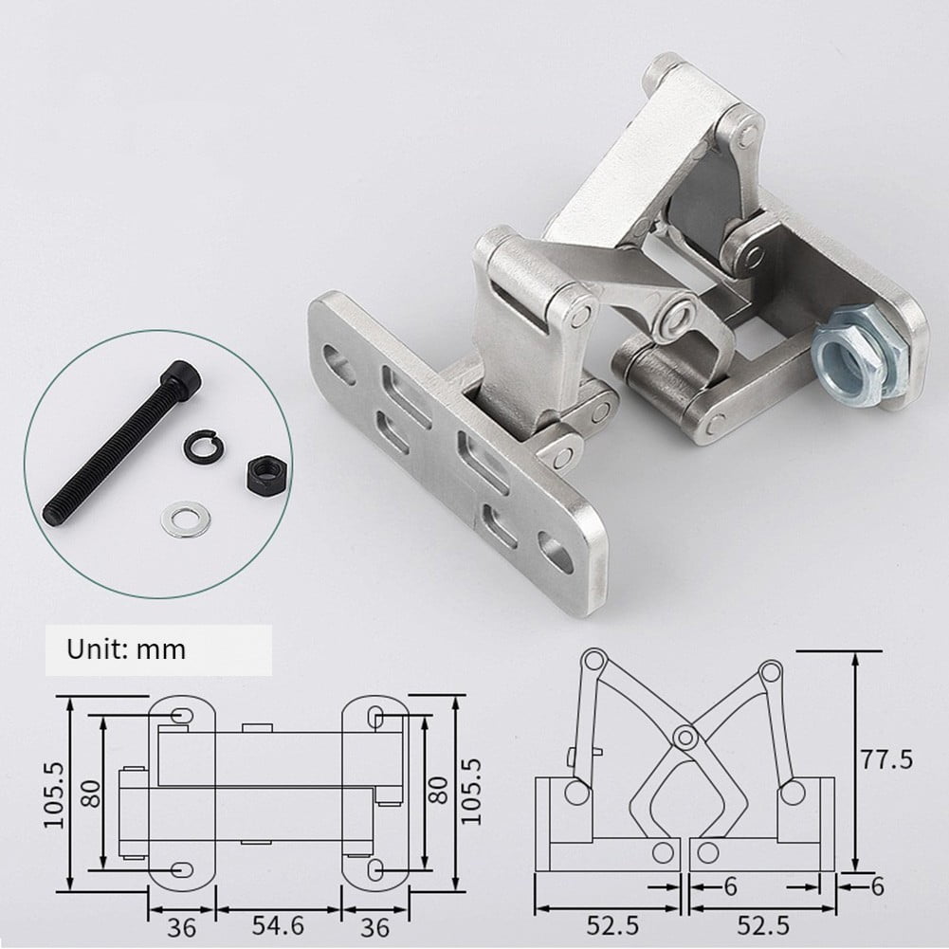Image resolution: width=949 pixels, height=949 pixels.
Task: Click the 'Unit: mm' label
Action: [x=125, y=650]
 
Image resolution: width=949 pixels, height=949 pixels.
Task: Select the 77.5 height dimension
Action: [x=889, y=759]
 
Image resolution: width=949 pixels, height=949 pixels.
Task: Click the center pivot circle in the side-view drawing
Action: [x=682, y=734]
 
